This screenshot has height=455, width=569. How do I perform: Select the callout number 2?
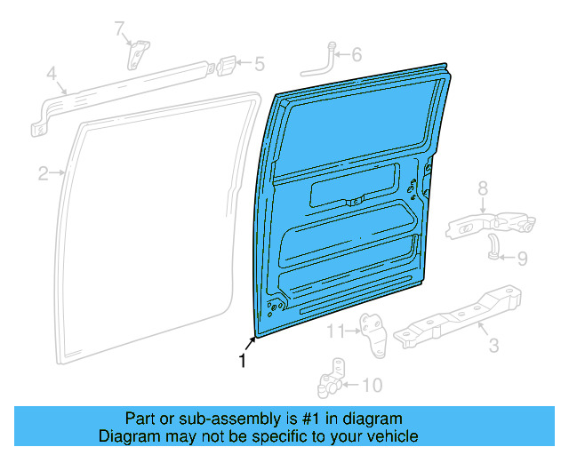click(x=43, y=173)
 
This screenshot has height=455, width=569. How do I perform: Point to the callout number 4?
click(x=52, y=74)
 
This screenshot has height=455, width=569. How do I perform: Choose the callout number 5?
click(x=259, y=64)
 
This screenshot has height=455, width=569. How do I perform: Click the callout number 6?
click(x=357, y=55)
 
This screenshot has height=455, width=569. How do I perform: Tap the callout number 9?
click(x=522, y=259)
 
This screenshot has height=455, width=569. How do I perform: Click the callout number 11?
click(x=335, y=331)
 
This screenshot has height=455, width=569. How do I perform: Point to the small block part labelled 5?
click(x=227, y=65)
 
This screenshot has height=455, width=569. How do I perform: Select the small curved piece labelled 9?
click(x=493, y=249)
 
